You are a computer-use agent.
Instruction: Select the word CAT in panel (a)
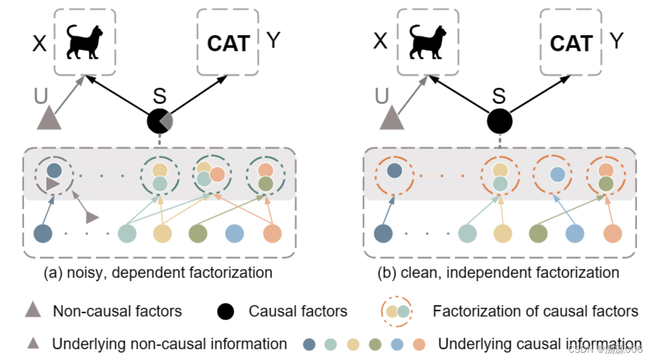point(228,43)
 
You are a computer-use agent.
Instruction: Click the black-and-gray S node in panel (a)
point(159,122)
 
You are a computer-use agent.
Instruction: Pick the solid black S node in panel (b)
point(500,122)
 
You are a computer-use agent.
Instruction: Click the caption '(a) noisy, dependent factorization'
point(159,272)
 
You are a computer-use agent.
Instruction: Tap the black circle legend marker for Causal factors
point(227,311)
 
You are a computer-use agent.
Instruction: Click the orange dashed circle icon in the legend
point(397,311)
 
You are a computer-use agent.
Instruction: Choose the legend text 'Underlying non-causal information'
point(169,344)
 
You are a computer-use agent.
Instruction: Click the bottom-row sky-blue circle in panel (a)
point(234,233)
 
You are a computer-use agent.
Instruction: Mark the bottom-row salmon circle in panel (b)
point(612,233)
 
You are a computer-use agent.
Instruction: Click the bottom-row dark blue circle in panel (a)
point(43,233)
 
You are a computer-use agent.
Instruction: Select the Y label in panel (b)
point(616,41)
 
